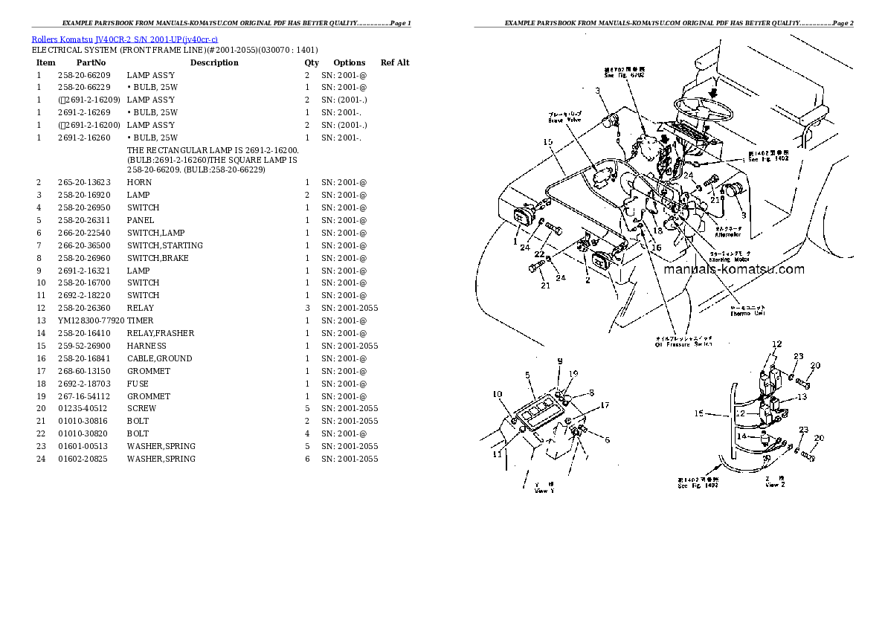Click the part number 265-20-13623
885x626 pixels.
(x=83, y=182)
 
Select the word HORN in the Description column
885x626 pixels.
(x=139, y=182)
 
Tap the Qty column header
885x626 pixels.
(x=312, y=62)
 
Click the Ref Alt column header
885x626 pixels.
(x=395, y=62)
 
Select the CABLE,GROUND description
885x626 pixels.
(x=159, y=358)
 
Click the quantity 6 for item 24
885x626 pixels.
(x=307, y=459)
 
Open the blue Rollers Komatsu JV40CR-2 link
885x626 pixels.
(x=125, y=39)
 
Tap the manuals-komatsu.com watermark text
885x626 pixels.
(x=734, y=270)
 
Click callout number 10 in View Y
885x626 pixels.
(x=497, y=394)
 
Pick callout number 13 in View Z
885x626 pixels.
(x=800, y=397)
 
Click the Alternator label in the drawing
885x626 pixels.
(x=727, y=233)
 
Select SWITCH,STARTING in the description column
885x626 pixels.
(x=164, y=245)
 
